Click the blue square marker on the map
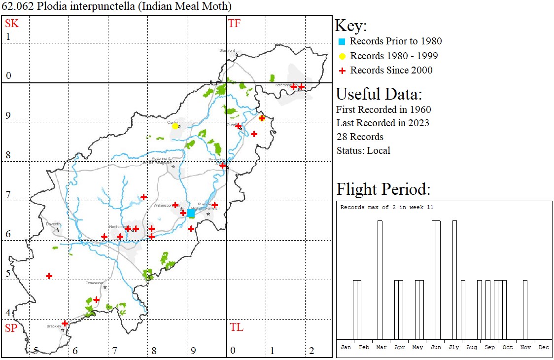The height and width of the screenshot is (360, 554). tap(191, 213)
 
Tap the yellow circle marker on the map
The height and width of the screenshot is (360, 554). tap(175, 126)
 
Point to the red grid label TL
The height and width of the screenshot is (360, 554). tap(237, 327)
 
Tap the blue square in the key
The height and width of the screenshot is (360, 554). tap(342, 41)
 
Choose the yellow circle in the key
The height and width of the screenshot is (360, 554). tap(342, 56)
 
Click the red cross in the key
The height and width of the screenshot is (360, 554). tap(342, 71)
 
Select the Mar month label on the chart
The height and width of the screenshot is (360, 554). tap(381, 347)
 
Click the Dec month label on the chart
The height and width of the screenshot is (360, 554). tap(544, 347)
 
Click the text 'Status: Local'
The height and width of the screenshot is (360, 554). tap(363, 150)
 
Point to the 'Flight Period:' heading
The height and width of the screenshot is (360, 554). tap(383, 189)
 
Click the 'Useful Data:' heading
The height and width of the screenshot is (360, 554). tap(379, 94)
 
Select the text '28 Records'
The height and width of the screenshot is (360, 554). tap(360, 137)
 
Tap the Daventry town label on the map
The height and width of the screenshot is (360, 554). tap(53, 224)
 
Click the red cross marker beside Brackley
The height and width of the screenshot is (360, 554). tap(65, 324)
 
